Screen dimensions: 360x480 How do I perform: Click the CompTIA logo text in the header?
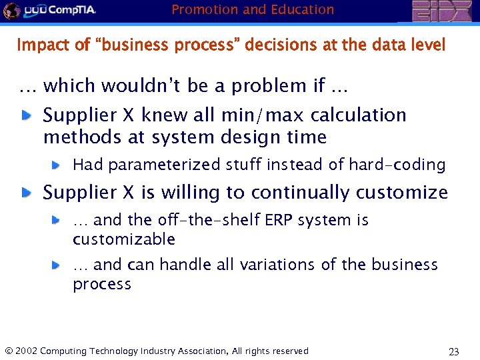69,10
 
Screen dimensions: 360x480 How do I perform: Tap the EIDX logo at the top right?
441,11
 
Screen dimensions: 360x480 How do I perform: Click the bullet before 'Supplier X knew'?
25,115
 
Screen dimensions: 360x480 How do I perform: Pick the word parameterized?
161,165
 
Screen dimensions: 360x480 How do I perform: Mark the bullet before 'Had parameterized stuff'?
57,164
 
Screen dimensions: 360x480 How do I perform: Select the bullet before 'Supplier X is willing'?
25,193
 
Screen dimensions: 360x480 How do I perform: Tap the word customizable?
124,239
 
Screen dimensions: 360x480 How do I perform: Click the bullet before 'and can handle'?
57,265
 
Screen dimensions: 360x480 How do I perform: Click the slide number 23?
454,351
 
